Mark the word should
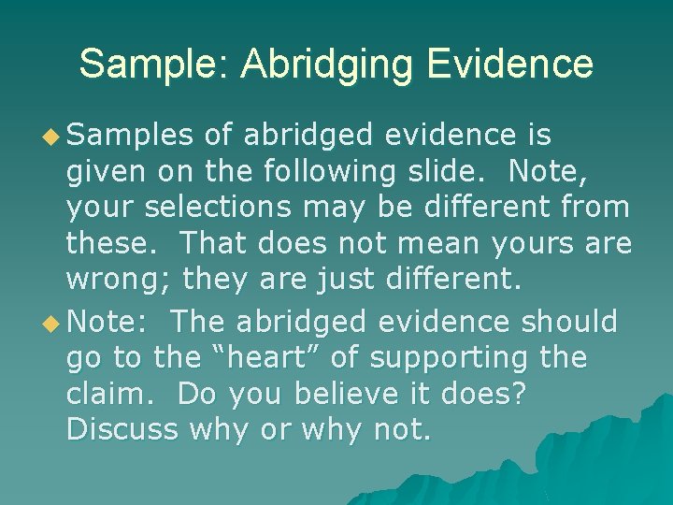click(569, 322)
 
